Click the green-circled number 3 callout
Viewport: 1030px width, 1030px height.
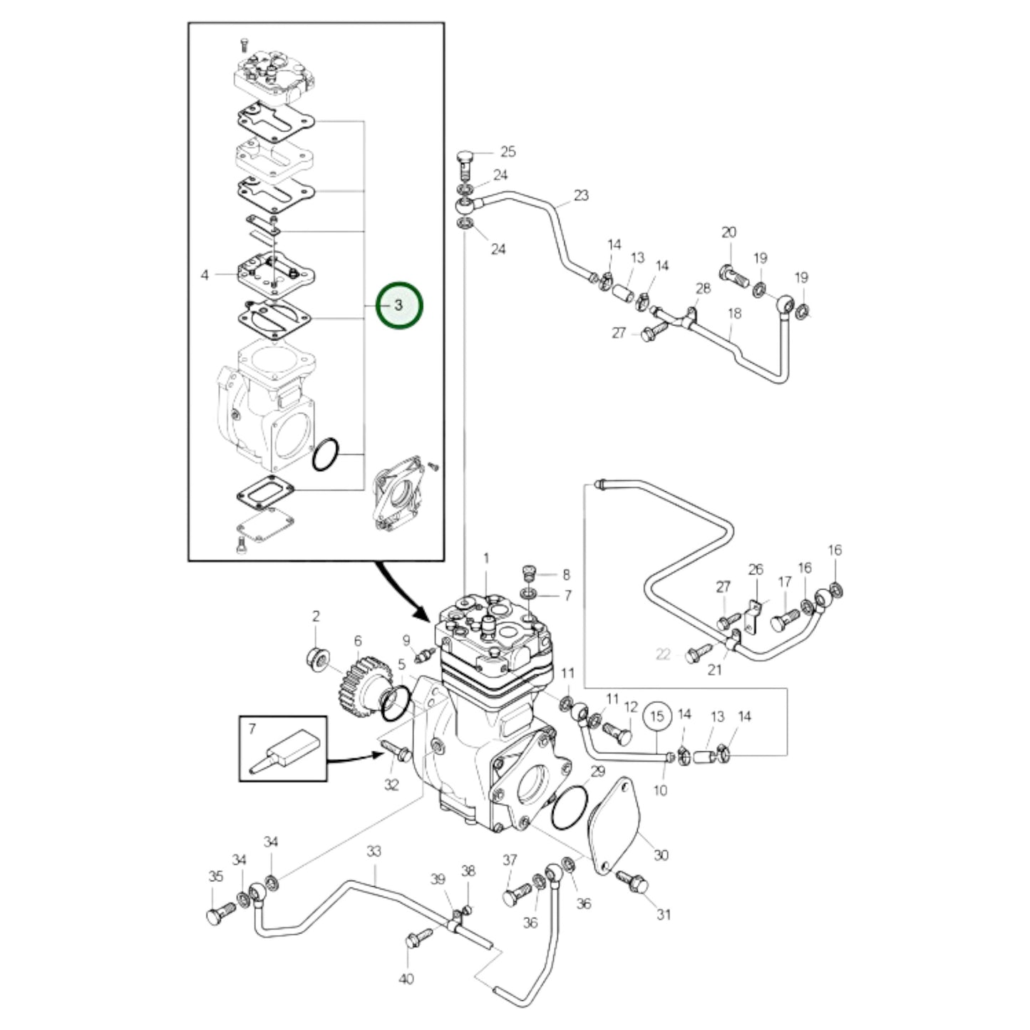399,305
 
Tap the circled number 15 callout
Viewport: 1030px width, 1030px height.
657,716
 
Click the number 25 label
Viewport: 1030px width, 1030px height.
508,151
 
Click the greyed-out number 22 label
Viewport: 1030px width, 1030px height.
663,654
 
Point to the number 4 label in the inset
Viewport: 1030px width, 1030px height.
205,274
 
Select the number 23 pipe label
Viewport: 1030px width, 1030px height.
581,195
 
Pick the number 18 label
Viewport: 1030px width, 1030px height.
734,313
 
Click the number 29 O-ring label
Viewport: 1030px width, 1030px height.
597,771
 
